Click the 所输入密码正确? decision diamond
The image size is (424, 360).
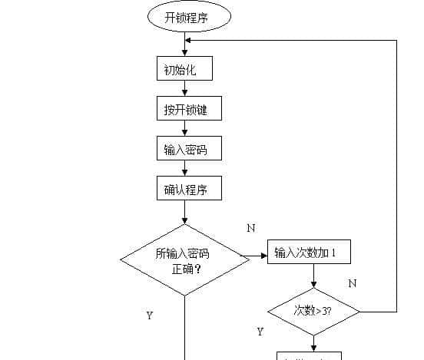[185, 259]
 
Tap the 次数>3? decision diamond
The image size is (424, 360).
[314, 311]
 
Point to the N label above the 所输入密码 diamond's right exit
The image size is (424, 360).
[250, 228]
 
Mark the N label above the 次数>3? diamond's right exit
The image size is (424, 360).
[352, 283]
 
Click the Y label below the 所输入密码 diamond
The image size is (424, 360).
[149, 315]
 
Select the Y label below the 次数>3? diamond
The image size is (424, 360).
[260, 332]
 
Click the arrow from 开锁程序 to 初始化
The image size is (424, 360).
[185, 47]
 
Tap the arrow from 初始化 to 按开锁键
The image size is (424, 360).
[185, 89]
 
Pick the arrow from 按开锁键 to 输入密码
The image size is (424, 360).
[185, 129]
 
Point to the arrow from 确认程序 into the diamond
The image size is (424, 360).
[185, 213]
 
